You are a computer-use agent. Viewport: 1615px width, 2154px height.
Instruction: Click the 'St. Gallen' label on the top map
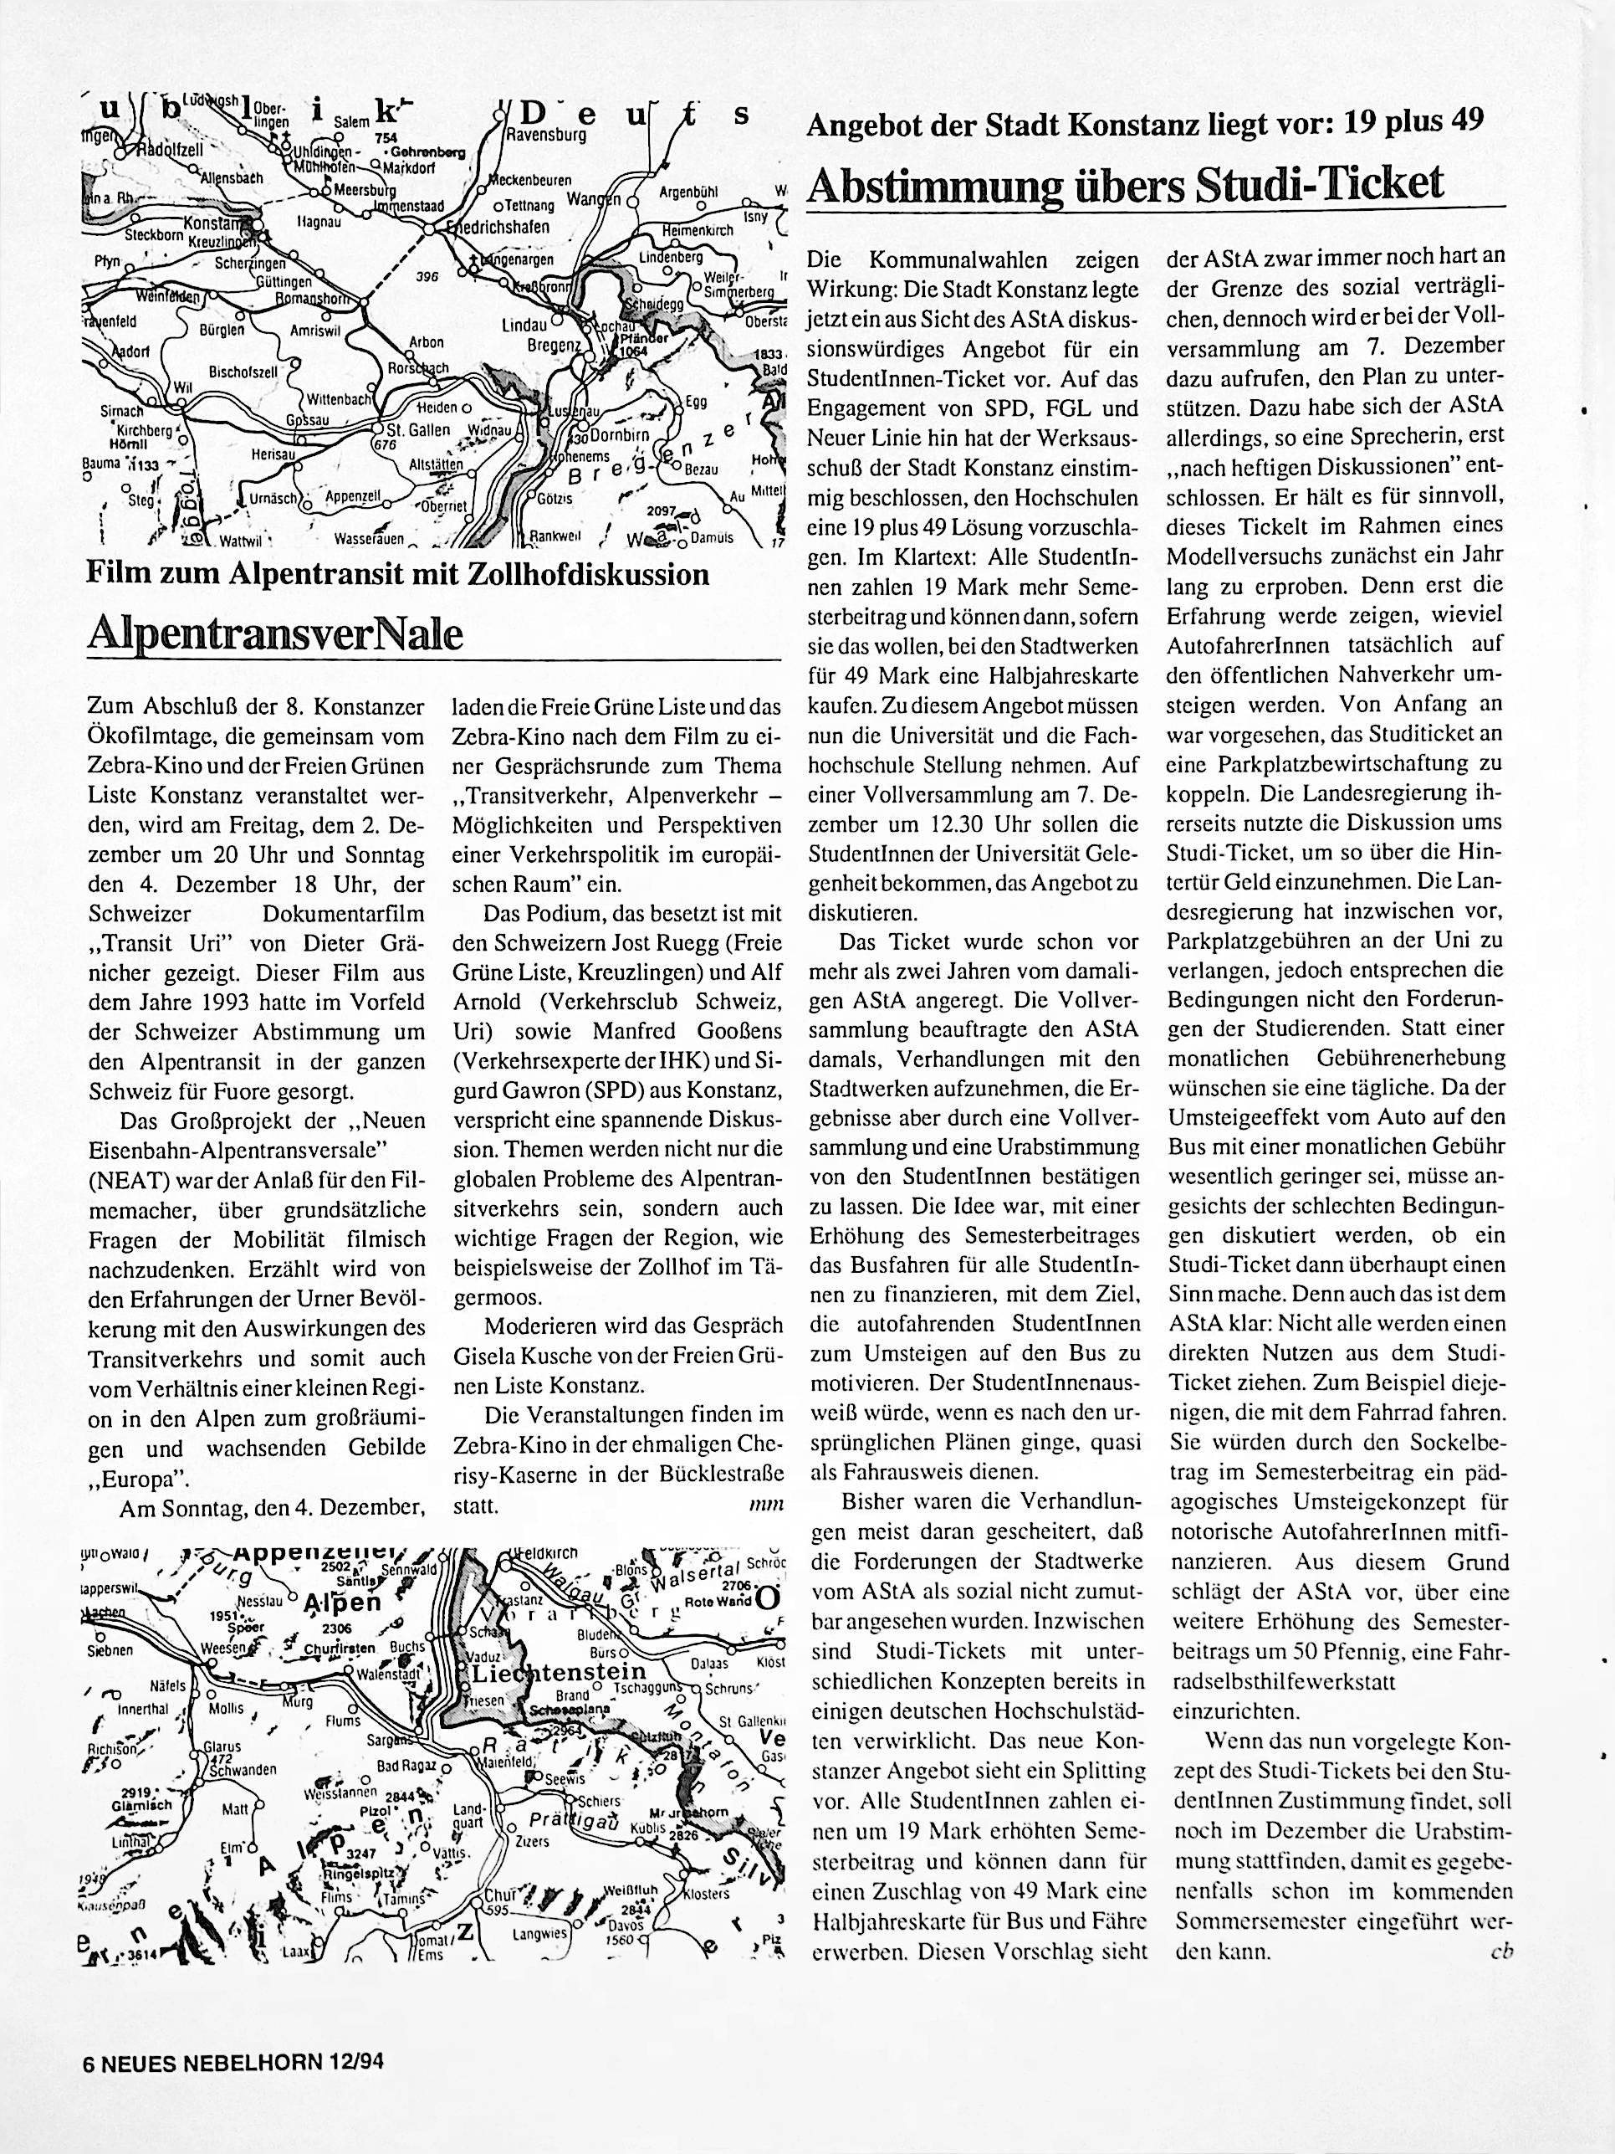pos(419,429)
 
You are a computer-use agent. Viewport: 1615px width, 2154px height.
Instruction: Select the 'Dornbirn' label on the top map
pos(611,435)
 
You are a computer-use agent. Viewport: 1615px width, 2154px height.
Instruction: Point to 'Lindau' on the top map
pos(524,327)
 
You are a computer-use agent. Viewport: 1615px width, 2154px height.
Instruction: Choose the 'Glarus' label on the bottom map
pos(222,1746)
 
